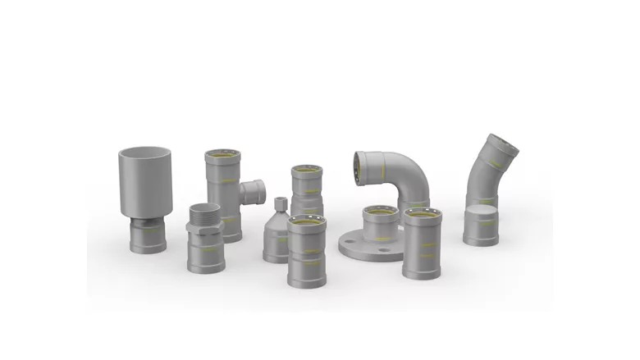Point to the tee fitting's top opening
[x=222, y=155]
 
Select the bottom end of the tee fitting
[x=231, y=233]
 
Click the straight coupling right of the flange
[x=422, y=246]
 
